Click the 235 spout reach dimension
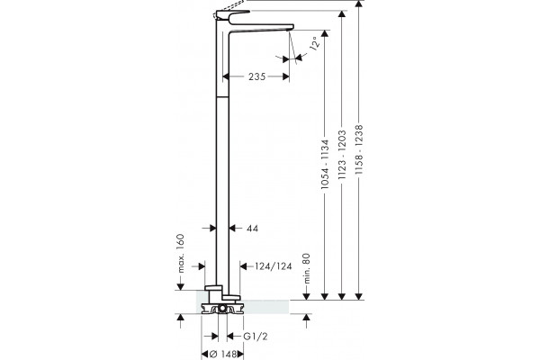(x=256, y=76)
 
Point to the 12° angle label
(x=315, y=43)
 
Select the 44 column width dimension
(x=252, y=228)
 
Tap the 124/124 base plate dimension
(x=273, y=266)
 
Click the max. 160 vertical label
(x=181, y=253)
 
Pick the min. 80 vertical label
(x=307, y=269)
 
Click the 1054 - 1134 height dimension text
(x=325, y=164)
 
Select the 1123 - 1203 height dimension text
(x=342, y=155)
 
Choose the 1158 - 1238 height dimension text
(x=359, y=149)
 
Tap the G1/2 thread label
(x=256, y=337)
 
